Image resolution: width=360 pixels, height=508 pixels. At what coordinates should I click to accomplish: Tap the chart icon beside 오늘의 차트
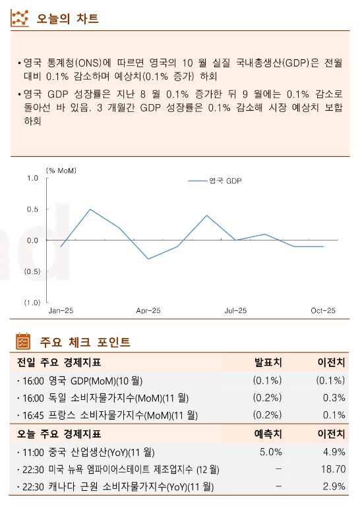[20, 18]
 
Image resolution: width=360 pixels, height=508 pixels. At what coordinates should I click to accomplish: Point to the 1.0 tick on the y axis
[33, 179]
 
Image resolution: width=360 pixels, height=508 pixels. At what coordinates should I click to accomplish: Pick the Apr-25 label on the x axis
[148, 310]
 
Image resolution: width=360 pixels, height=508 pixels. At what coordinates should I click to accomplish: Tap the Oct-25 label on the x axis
[322, 310]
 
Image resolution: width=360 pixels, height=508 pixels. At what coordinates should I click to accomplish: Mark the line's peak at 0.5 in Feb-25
[90, 210]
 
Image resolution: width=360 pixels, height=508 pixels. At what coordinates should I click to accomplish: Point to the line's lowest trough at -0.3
[148, 259]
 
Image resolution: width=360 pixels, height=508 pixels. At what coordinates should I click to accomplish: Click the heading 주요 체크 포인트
[85, 342]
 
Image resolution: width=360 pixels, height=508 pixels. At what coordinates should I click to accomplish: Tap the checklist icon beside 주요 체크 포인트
[23, 342]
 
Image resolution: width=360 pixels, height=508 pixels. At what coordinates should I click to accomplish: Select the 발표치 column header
[268, 362]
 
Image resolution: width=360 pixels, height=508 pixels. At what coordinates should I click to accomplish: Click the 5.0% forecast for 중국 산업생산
[270, 452]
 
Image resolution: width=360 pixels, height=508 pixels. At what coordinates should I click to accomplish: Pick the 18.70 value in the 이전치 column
[332, 469]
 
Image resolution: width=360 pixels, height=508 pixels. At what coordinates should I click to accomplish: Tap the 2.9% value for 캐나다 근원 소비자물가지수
[334, 486]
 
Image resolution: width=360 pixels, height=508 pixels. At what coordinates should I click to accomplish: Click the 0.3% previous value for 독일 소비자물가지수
[334, 398]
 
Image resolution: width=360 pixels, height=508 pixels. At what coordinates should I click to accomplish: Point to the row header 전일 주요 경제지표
[59, 362]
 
